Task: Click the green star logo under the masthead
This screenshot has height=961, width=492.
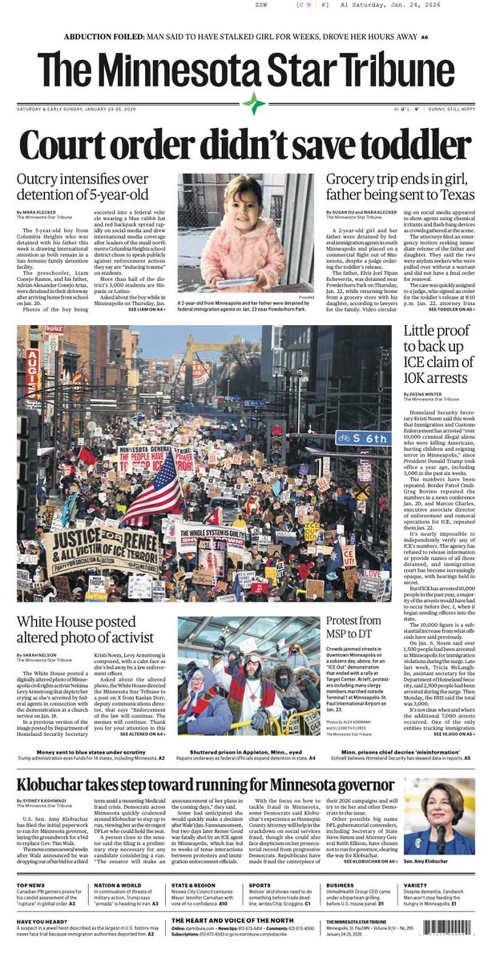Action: tap(253, 103)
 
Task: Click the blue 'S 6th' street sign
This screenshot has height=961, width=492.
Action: tap(362, 438)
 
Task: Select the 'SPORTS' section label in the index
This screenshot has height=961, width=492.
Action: tap(265, 885)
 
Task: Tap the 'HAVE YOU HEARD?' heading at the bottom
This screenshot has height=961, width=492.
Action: tap(41, 922)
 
